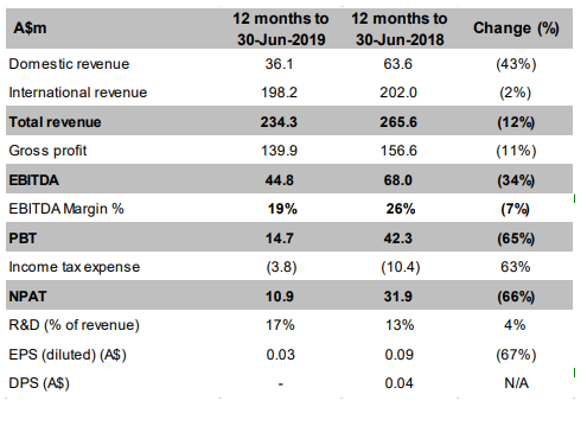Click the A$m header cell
(x=30, y=28)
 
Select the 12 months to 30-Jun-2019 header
(x=281, y=29)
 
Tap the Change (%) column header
(x=516, y=28)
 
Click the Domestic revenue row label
(x=69, y=64)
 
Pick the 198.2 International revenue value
(x=279, y=92)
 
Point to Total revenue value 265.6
(x=398, y=122)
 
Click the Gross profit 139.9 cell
(x=279, y=150)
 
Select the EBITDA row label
(x=34, y=180)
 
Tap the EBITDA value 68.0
(x=398, y=180)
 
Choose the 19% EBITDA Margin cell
(x=283, y=209)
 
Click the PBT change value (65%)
(x=516, y=238)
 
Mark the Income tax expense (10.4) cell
(x=401, y=267)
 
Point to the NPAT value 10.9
(x=280, y=296)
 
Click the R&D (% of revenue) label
(x=74, y=325)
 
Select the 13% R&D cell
(x=400, y=325)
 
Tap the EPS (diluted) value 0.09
(x=399, y=355)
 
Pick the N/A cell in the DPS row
(x=517, y=383)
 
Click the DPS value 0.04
(x=399, y=383)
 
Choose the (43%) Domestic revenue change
(x=516, y=64)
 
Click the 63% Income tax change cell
(x=515, y=267)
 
